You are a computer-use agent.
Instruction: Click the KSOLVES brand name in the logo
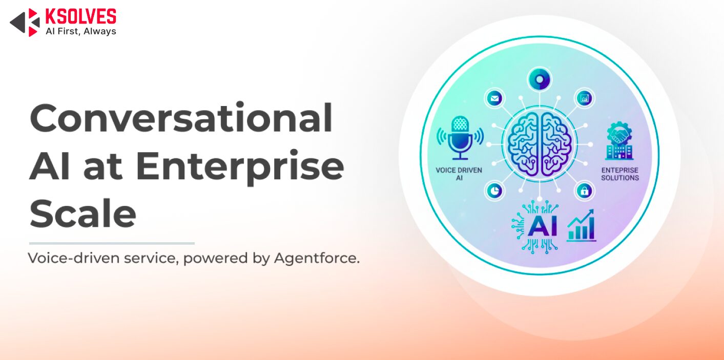(x=81, y=16)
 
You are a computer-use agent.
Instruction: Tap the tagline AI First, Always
(x=81, y=31)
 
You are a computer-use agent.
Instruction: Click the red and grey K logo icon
(x=25, y=23)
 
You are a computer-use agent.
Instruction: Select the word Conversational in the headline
(x=181, y=118)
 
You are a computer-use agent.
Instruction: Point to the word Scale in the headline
(x=82, y=213)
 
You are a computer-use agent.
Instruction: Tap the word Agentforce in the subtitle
(x=317, y=258)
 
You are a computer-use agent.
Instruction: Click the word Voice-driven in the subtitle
(x=74, y=258)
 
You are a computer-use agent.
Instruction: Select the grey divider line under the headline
(x=112, y=243)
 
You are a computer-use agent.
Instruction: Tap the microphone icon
(x=460, y=138)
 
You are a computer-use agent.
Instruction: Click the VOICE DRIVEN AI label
(x=459, y=174)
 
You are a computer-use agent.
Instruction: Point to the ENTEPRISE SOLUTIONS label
(x=620, y=174)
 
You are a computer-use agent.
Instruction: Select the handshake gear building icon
(x=619, y=141)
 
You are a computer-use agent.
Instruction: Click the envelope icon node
(x=495, y=98)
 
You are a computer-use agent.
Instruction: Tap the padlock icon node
(x=584, y=191)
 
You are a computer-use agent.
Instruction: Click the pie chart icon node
(x=494, y=191)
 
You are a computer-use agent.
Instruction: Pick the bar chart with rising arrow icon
(x=581, y=225)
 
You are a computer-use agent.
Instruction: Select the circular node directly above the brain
(x=539, y=79)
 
